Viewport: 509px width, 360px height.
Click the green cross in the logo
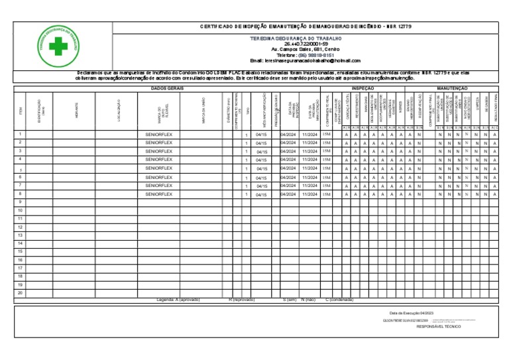click(58, 47)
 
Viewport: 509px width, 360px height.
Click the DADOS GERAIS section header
click(167, 88)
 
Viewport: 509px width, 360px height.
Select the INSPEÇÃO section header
click(363, 88)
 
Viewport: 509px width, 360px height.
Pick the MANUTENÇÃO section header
click(453, 88)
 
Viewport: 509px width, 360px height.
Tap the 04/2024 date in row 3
click(289, 151)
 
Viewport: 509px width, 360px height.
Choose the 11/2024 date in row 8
click(310, 194)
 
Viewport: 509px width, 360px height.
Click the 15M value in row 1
click(326, 134)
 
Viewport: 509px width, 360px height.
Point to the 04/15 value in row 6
click(261, 178)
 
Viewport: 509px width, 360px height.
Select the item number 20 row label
click(20, 292)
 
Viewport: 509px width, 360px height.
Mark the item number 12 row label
click(20, 227)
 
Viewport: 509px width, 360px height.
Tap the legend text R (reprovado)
click(241, 300)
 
